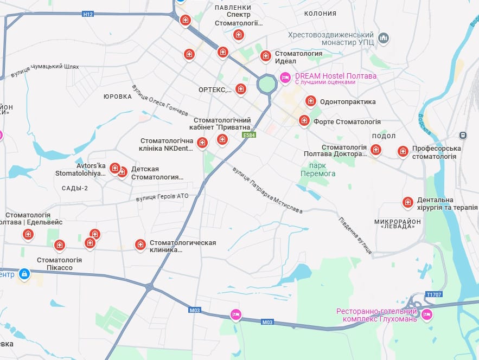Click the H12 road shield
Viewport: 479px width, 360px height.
click(x=88, y=14)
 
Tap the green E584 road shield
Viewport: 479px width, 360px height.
click(x=249, y=134)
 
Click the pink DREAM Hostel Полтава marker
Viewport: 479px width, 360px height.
click(x=285, y=78)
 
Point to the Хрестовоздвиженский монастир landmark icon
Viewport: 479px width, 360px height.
click(x=384, y=38)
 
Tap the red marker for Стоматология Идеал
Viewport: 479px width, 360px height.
click(x=265, y=55)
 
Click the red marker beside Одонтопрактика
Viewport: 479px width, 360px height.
click(x=310, y=100)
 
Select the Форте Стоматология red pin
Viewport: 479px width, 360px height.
click(x=304, y=120)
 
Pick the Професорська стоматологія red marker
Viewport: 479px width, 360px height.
click(x=403, y=151)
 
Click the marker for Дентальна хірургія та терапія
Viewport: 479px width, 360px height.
click(x=407, y=202)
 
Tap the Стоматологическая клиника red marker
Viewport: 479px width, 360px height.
click(x=140, y=245)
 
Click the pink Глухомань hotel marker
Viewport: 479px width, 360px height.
click(x=426, y=313)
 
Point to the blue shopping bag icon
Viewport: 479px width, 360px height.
click(x=24, y=274)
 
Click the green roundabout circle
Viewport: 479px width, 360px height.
click(x=267, y=83)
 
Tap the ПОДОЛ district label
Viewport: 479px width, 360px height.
click(x=384, y=136)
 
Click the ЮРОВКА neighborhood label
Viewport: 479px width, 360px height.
click(x=118, y=97)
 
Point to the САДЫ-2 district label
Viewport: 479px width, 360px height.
click(x=75, y=188)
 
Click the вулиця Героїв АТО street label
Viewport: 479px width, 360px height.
click(x=162, y=196)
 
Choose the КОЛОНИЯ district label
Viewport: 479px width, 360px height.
click(x=320, y=13)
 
